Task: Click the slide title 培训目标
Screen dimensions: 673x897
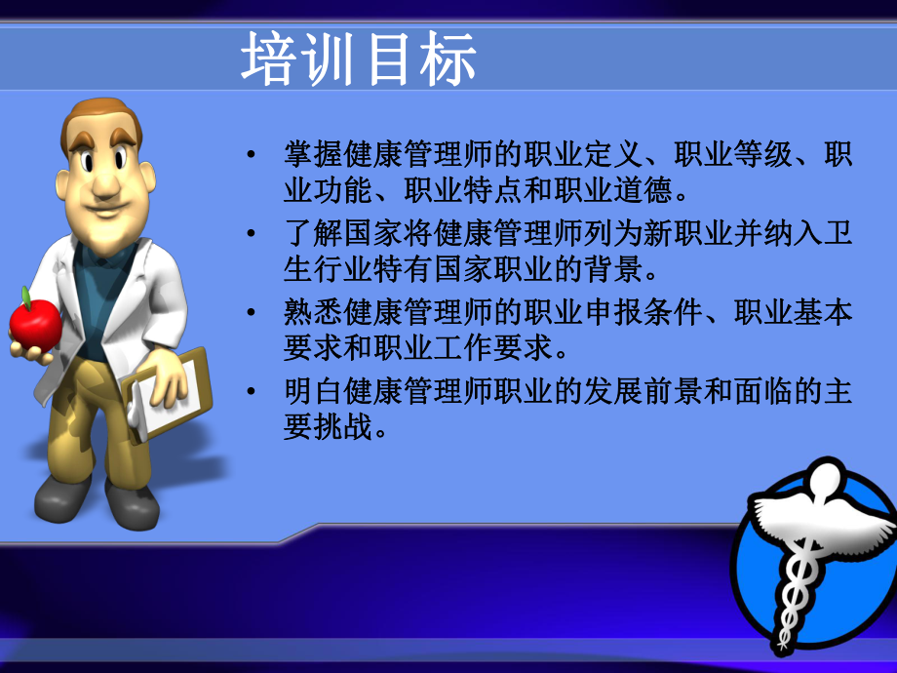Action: click(359, 59)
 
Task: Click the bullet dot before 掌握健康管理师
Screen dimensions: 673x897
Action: click(252, 155)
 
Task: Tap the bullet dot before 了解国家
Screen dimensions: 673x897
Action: click(252, 234)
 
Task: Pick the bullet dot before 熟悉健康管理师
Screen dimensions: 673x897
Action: click(252, 313)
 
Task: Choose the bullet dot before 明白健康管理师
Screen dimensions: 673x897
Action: click(252, 392)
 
